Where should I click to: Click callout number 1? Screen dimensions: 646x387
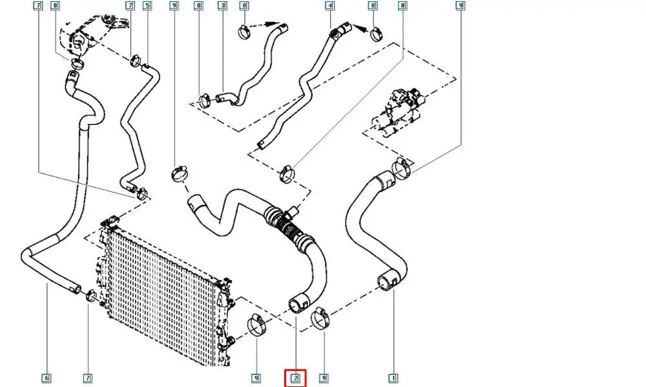[393, 378]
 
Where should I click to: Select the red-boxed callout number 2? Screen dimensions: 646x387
[295, 378]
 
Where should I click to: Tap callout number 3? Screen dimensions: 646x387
[222, 6]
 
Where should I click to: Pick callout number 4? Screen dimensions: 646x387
[329, 6]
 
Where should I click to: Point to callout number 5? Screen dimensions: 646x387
[147, 6]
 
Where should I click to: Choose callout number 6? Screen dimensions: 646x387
[46, 378]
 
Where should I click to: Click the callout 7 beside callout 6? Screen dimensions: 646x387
[87, 378]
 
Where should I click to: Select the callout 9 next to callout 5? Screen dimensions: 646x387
[174, 6]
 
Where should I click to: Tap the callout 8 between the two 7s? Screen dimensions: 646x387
[55, 6]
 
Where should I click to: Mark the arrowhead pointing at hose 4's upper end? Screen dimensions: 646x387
[359, 28]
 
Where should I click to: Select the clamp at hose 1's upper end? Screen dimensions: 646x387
[402, 168]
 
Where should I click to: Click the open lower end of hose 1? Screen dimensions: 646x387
[384, 284]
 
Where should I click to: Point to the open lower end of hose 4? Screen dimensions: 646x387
[260, 144]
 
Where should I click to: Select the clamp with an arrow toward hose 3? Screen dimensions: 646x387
[244, 30]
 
